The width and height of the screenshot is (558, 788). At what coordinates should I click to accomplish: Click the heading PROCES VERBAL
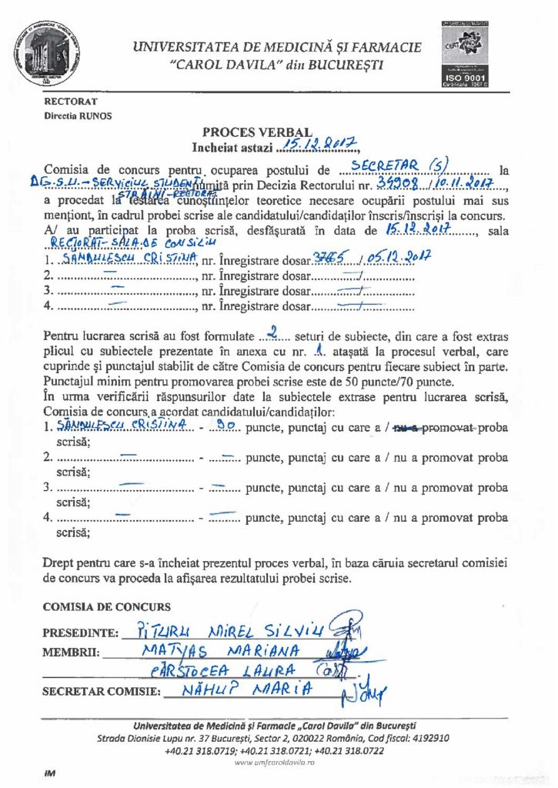(257, 132)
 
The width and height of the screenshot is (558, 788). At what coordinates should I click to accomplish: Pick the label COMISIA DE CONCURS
(107, 607)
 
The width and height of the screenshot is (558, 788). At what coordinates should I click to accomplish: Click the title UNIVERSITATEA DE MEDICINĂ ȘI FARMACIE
(277, 48)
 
